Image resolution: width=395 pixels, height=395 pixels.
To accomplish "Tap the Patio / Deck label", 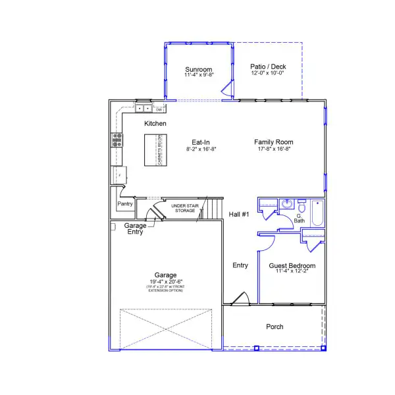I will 269,66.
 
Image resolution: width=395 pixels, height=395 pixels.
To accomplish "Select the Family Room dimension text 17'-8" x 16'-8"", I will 275,149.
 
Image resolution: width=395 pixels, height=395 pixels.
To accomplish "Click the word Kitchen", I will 155,124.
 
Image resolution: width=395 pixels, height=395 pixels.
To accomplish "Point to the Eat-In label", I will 201,142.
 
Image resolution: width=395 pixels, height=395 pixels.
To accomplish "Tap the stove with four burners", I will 117,139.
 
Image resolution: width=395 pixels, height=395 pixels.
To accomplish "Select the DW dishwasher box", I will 159,110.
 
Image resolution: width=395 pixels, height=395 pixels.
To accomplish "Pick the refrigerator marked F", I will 119,176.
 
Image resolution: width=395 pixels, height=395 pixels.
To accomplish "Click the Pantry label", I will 125,204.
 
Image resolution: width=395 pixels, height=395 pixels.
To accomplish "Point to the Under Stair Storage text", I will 185,209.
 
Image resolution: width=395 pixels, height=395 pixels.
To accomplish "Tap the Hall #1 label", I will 238,215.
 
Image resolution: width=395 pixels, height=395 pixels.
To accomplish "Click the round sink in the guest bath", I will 287,205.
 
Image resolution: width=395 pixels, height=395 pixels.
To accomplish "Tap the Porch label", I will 275,327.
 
